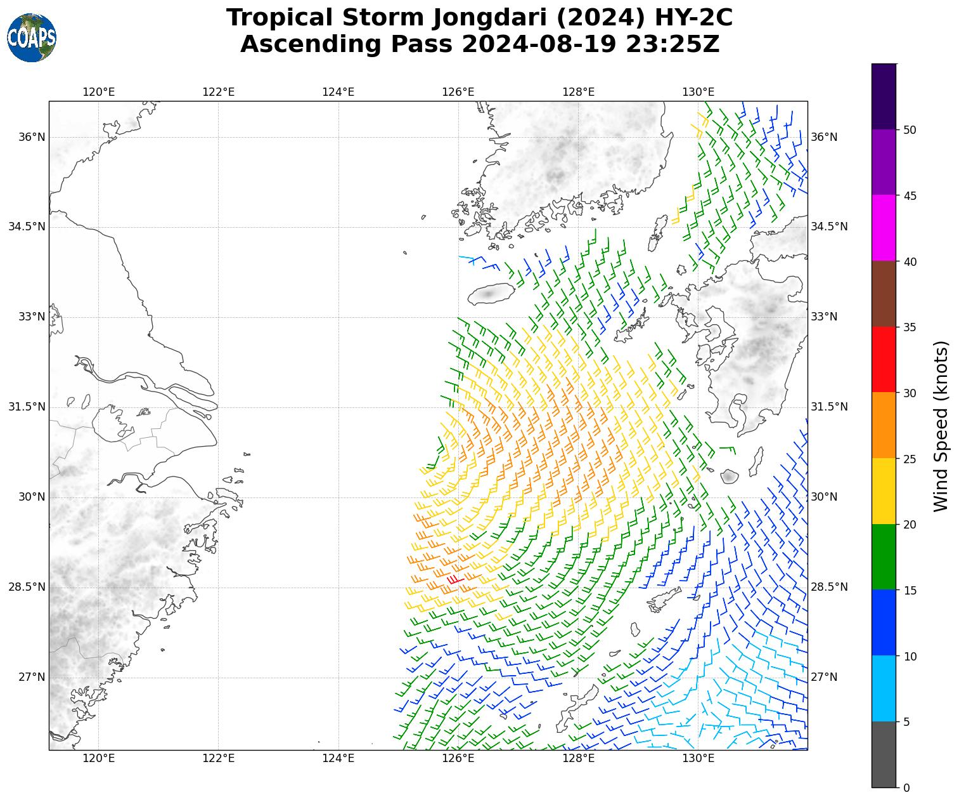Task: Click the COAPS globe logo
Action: coord(32,38)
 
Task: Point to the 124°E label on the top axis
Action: coord(338,92)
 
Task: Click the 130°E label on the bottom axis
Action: coord(698,758)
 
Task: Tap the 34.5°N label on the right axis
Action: coord(828,227)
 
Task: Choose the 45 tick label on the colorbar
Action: coord(910,195)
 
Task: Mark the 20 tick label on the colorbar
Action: coord(910,524)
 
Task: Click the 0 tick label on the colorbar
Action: coord(906,787)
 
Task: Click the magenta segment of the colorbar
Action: coord(884,228)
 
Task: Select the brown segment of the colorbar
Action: coord(884,294)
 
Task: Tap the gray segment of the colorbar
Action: coord(884,754)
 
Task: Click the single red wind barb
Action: coord(455,579)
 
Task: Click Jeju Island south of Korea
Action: coord(490,294)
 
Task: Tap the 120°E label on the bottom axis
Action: coord(98,758)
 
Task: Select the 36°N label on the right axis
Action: coord(824,137)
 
